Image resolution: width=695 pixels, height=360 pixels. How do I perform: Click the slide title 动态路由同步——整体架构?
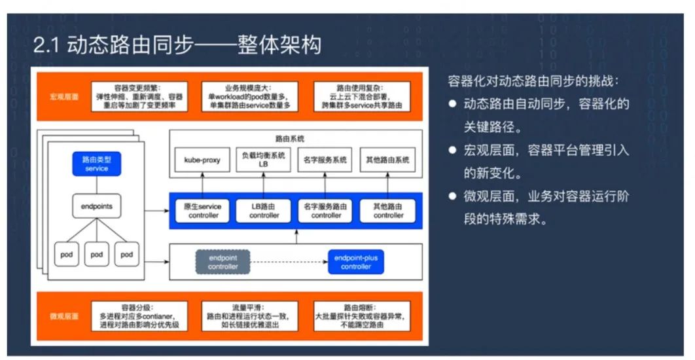pyautogui.click(x=177, y=45)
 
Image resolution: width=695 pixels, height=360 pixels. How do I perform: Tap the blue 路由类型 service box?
pyautogui.click(x=96, y=164)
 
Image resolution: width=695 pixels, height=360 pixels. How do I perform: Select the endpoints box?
pyautogui.click(x=96, y=206)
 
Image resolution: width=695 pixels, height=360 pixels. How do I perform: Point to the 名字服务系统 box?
pyautogui.click(x=325, y=160)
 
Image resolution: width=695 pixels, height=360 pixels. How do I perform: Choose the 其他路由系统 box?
pyautogui.click(x=388, y=160)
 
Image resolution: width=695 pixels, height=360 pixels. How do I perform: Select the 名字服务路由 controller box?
pyautogui.click(x=325, y=211)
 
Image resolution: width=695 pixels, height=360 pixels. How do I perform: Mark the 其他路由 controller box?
pyautogui.click(x=388, y=211)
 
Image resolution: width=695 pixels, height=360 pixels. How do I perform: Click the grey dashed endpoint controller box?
pyautogui.click(x=223, y=262)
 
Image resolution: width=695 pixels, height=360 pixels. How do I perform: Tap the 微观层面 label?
pyautogui.click(x=64, y=316)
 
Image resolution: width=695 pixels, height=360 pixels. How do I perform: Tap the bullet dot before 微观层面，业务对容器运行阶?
pyautogui.click(x=452, y=196)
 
